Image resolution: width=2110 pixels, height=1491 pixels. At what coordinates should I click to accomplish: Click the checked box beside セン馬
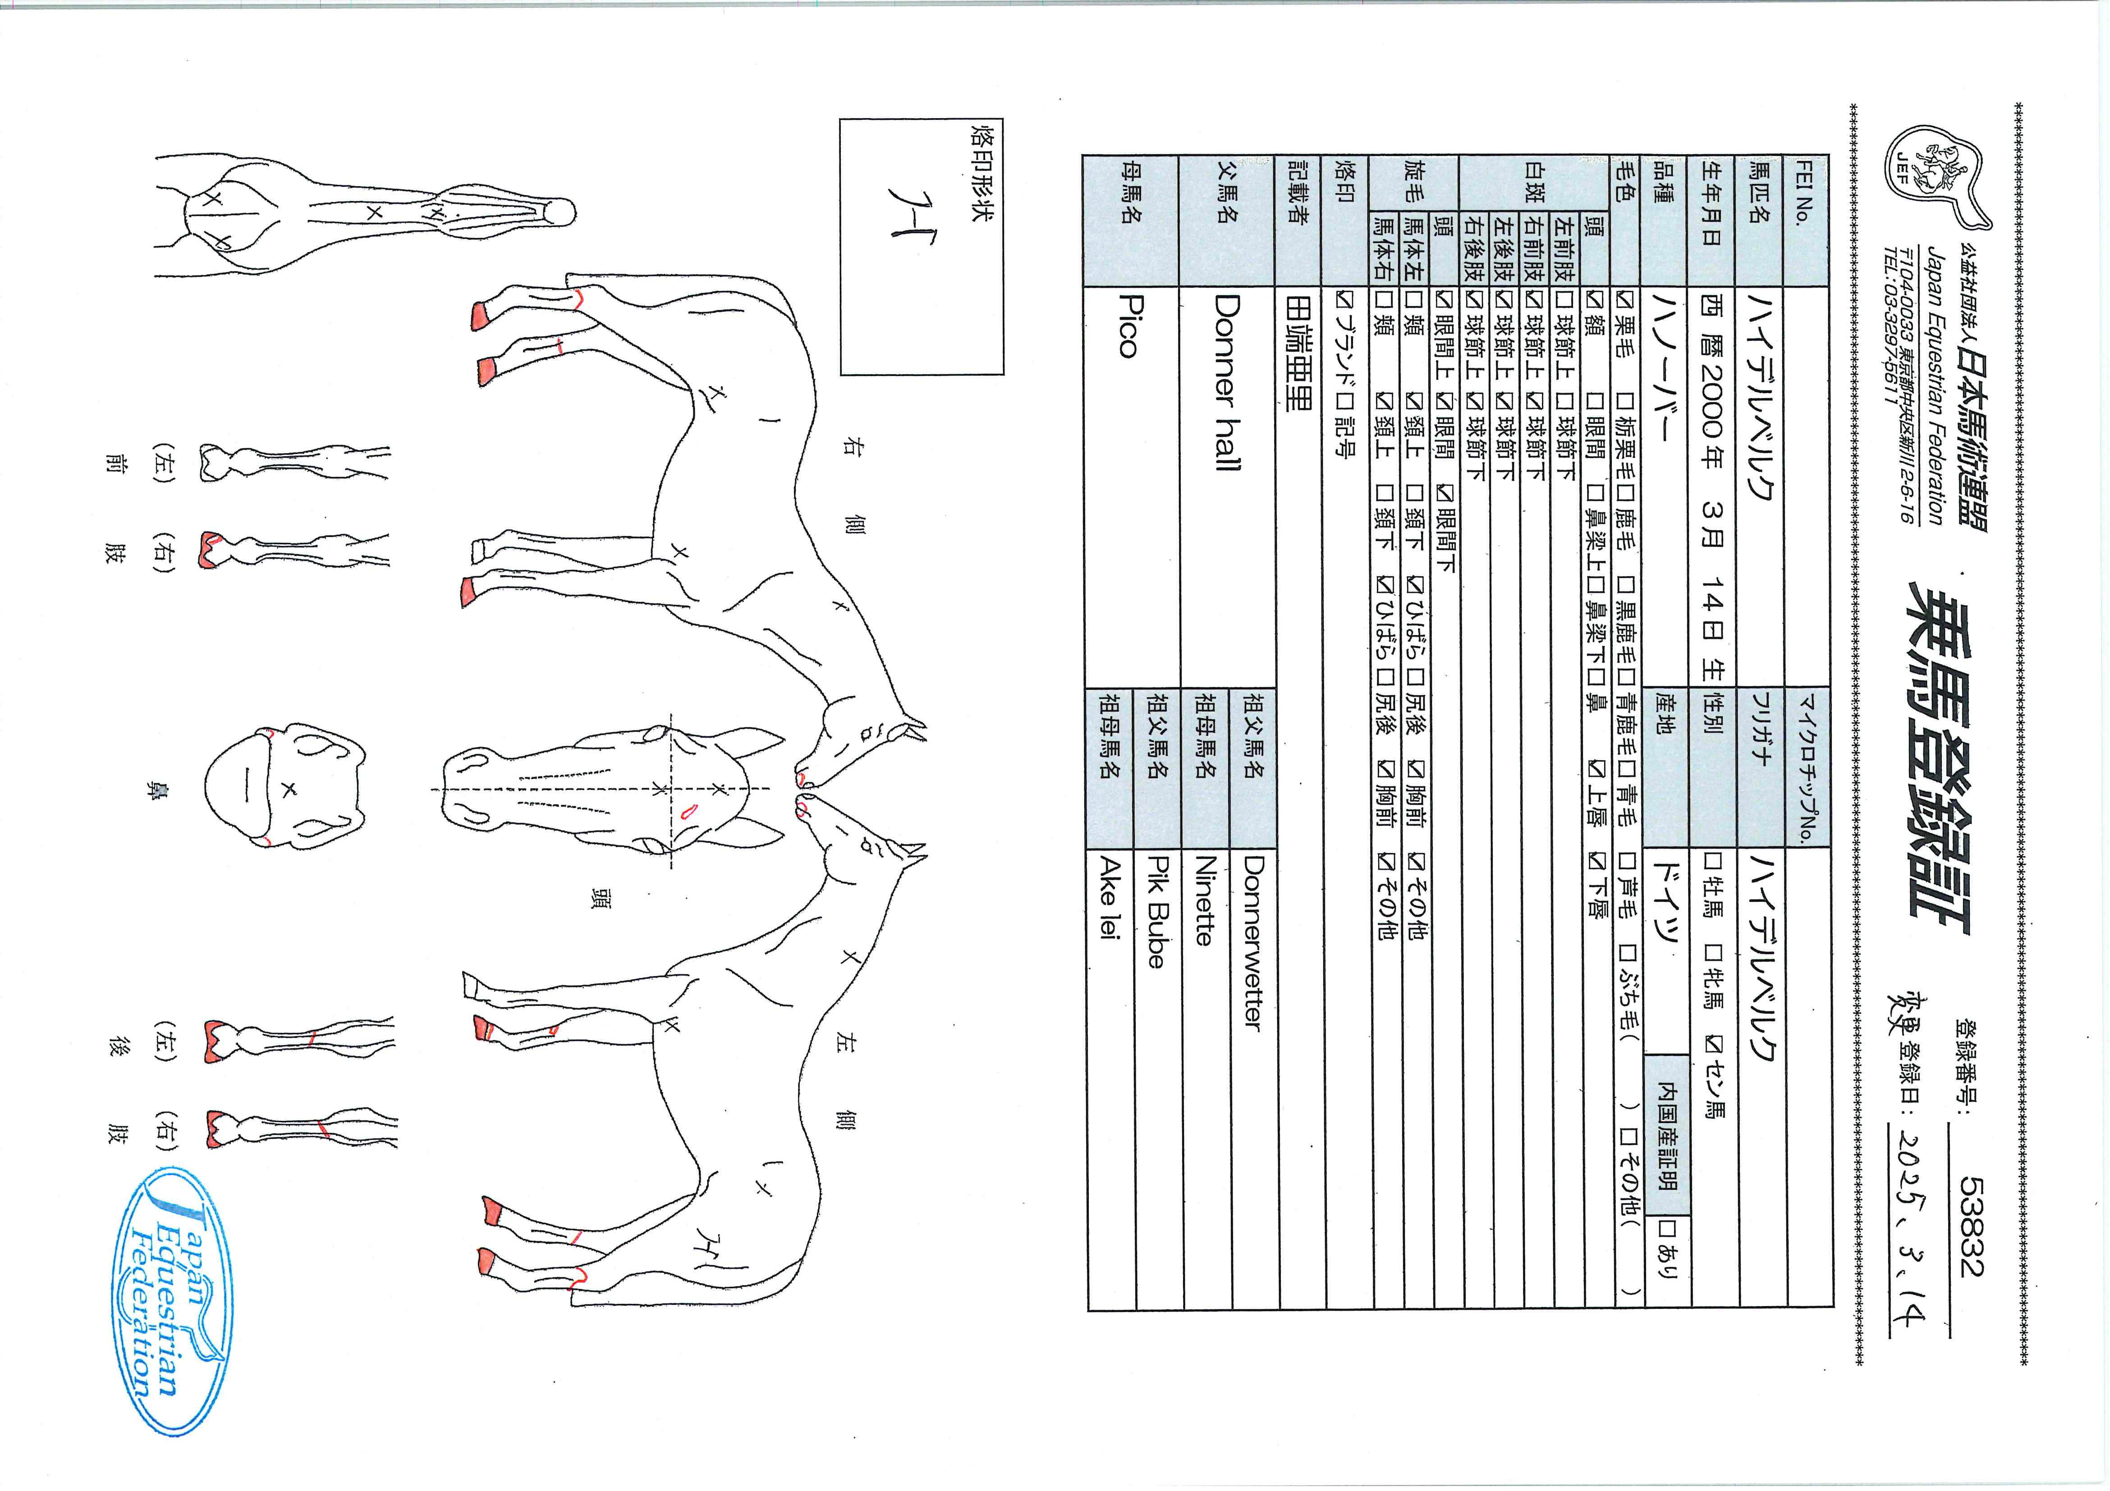(1713, 1043)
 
